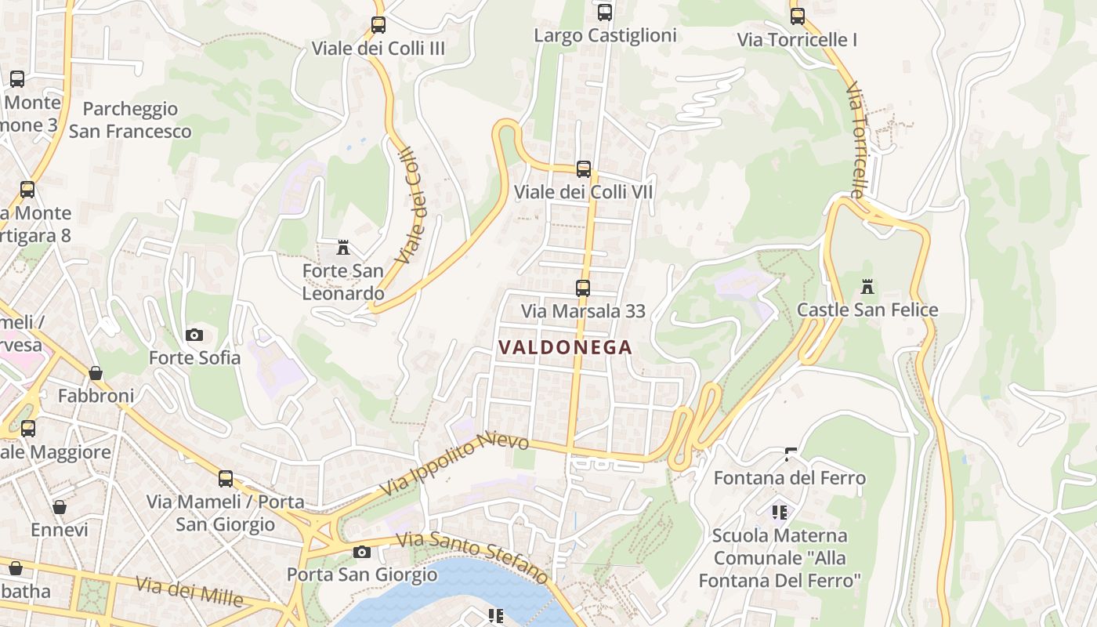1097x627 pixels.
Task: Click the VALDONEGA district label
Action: point(565,347)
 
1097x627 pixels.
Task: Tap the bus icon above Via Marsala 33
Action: point(582,288)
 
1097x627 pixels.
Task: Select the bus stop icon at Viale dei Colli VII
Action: point(583,169)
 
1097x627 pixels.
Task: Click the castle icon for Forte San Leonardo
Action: point(342,248)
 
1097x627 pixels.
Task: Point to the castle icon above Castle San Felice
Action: point(867,287)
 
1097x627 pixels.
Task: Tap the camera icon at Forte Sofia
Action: point(194,335)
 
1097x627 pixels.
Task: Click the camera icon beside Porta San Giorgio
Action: point(361,552)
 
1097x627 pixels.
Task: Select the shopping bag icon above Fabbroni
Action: point(96,373)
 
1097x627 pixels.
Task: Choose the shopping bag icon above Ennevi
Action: point(60,507)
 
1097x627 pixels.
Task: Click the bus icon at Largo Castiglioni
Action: point(604,13)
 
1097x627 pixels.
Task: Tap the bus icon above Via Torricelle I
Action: point(797,16)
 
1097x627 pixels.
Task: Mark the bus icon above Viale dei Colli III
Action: point(378,25)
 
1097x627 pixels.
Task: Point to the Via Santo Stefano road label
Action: point(472,557)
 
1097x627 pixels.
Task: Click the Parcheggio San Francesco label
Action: point(130,120)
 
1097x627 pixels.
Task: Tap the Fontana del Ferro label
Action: point(789,477)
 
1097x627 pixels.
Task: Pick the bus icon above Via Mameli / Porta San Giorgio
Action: point(226,478)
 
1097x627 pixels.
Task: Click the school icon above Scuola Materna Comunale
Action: point(779,513)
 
